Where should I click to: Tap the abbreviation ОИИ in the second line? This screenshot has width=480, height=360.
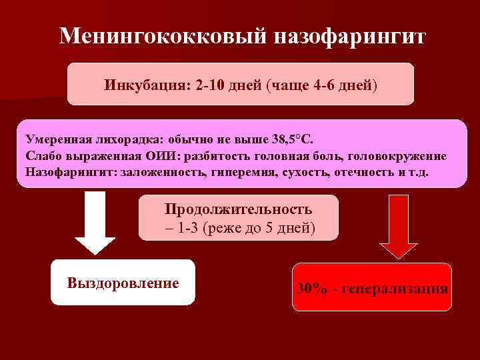(157, 156)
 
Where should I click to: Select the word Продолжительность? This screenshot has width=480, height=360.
(238, 209)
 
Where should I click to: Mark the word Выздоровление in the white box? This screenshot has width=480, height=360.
(123, 283)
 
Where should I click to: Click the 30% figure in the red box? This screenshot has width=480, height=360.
(313, 289)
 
